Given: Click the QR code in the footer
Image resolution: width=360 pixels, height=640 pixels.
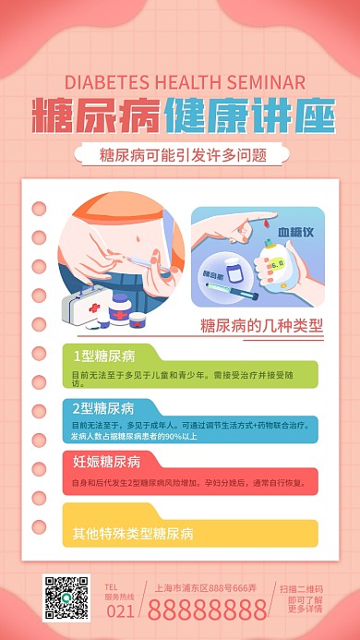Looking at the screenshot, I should (66, 598).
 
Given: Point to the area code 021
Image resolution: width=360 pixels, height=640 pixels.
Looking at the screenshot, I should (122, 610).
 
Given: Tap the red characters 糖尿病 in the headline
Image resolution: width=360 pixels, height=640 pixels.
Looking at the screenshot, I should (97, 115).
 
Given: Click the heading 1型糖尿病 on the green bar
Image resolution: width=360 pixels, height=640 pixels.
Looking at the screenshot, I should (104, 356).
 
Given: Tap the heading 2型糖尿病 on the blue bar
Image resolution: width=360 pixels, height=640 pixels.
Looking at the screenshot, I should (104, 408).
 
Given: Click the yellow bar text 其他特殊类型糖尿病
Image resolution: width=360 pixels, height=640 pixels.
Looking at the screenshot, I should (133, 534).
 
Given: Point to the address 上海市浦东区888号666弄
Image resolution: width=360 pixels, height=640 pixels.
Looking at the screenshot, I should (207, 586).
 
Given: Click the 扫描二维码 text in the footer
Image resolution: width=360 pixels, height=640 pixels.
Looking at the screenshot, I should (302, 587).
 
